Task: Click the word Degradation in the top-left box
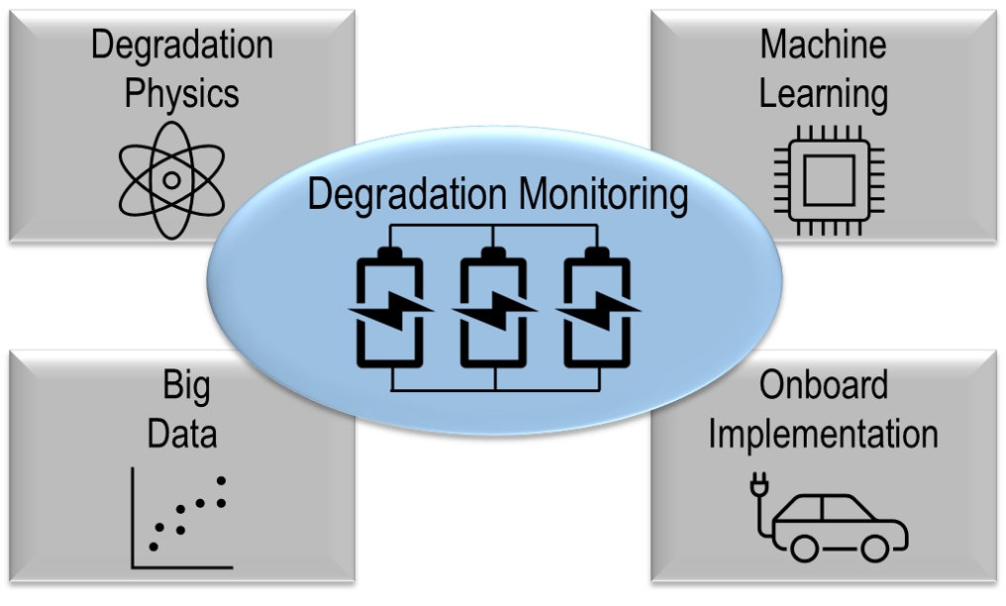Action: (182, 46)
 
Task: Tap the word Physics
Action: (182, 94)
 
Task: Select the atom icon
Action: (171, 180)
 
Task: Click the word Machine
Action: (823, 44)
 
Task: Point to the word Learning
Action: (823, 94)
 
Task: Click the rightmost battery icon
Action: (597, 309)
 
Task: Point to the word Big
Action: (186, 387)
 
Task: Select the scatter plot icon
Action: (181, 520)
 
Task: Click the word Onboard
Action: (823, 385)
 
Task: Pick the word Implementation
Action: (823, 434)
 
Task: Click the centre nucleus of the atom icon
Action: (171, 180)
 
